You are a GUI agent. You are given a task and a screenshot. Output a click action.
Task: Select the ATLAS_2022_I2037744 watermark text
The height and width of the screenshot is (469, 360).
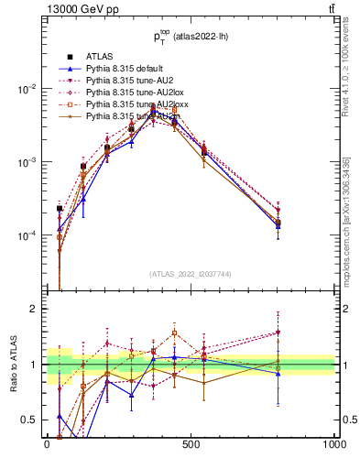click(x=191, y=273)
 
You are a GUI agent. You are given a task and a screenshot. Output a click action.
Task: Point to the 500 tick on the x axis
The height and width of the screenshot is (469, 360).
click(x=191, y=444)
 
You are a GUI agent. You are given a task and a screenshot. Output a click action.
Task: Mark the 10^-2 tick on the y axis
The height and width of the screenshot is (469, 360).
click(x=27, y=89)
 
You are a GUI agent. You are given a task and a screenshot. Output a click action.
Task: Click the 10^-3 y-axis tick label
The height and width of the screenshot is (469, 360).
click(x=27, y=162)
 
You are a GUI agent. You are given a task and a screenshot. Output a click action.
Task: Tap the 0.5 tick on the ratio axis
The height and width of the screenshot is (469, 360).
click(x=29, y=420)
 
